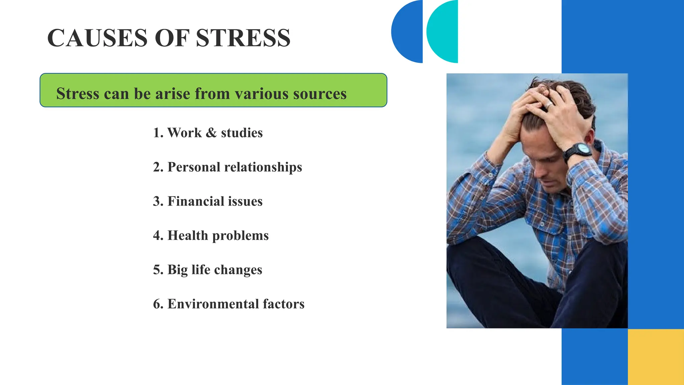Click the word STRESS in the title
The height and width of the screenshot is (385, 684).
click(x=243, y=38)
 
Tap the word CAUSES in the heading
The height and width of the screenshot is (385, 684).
click(x=97, y=38)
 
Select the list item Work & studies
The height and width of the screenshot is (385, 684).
click(x=208, y=133)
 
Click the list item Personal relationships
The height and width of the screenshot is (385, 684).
click(x=227, y=167)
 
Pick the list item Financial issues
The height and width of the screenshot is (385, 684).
click(x=208, y=202)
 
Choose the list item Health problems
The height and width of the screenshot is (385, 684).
click(x=211, y=236)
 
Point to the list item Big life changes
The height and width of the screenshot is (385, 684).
click(x=207, y=270)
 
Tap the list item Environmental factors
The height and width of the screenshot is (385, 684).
click(x=229, y=304)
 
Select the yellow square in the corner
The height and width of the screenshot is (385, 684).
click(x=656, y=357)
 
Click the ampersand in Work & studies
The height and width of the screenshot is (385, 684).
click(x=211, y=133)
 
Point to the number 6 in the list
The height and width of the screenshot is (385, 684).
click(x=157, y=304)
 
